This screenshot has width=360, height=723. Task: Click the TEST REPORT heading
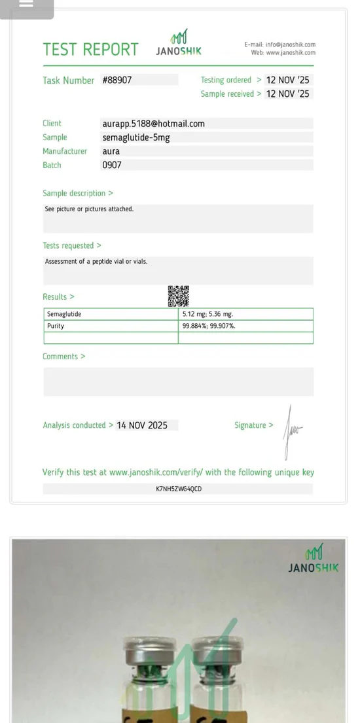[x=90, y=49]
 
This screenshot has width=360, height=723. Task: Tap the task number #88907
[x=117, y=80]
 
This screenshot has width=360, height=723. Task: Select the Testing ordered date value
[x=287, y=80]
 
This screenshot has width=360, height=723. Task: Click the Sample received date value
[x=287, y=94]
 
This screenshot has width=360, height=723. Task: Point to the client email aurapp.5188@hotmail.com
[x=153, y=123]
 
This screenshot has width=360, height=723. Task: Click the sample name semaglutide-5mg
[x=135, y=137]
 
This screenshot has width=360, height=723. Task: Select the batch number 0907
[x=112, y=165]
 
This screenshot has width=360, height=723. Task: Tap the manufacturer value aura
[x=111, y=151]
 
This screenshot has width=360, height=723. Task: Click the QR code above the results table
[x=178, y=296]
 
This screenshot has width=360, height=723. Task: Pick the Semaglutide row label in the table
[x=64, y=314]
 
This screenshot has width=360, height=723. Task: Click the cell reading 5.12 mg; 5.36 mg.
[x=207, y=314]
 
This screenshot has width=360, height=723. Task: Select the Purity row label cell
[x=56, y=326]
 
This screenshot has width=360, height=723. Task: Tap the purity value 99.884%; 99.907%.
[x=209, y=326]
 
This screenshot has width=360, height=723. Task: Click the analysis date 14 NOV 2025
[x=142, y=425]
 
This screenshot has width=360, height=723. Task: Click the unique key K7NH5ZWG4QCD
[x=179, y=489]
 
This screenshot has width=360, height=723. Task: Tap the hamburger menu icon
[x=26, y=4]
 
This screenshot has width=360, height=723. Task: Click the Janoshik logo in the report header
[x=179, y=43]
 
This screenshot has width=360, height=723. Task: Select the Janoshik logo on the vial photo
[x=314, y=558]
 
